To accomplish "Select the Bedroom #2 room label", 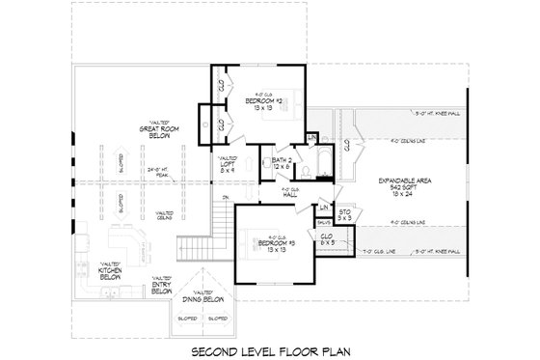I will pos(262,103).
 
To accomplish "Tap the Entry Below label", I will pos(163,286).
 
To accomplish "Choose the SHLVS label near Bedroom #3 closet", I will pos(323,222).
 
